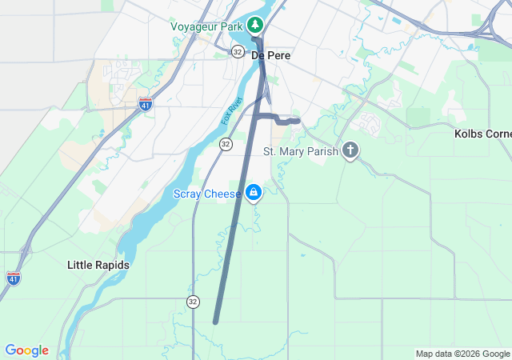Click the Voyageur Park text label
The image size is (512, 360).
tap(206, 26)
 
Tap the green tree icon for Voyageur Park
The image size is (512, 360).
tap(255, 26)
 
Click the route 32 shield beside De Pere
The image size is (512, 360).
tap(238, 51)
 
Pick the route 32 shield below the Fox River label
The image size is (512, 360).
tap(226, 144)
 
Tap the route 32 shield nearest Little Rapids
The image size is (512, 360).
tap(193, 301)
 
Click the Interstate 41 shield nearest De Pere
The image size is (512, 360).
tap(145, 103)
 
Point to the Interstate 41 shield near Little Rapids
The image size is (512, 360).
tap(14, 278)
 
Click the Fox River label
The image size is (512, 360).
tap(231, 112)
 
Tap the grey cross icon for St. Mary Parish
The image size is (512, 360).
tap(350, 150)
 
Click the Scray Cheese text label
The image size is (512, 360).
tap(206, 193)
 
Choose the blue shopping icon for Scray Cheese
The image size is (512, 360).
tap(254, 192)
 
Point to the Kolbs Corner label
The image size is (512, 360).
tap(482, 134)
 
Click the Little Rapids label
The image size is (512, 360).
tap(98, 265)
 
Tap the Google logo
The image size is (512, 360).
tap(27, 350)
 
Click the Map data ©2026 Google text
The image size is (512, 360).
tap(462, 354)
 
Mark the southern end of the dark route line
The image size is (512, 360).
tap(216, 322)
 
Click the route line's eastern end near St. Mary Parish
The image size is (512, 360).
tap(298, 121)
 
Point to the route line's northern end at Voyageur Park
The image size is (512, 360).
tap(255, 38)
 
